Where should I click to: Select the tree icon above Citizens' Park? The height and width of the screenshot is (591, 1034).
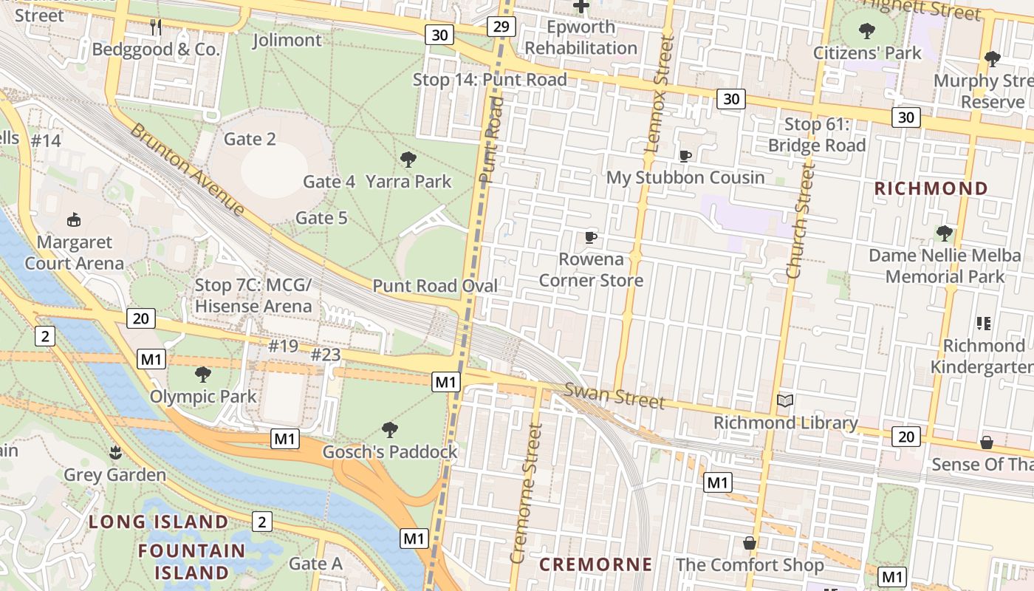tap(867, 31)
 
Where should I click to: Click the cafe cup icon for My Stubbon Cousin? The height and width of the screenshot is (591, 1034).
tap(685, 156)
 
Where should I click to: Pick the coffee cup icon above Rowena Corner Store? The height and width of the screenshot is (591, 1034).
tap(590, 237)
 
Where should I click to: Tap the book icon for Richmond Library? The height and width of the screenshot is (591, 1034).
tap(785, 401)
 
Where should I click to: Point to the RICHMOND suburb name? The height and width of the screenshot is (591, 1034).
tap(931, 188)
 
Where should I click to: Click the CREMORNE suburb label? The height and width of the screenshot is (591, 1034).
tap(596, 565)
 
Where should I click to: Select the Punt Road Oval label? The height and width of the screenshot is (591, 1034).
tap(434, 286)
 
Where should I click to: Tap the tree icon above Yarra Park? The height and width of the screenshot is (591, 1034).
tap(408, 159)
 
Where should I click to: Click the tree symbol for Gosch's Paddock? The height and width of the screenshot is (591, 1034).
tap(390, 429)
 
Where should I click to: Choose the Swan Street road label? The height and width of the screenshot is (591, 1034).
tap(614, 396)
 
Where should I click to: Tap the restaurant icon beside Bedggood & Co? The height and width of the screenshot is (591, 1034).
tap(156, 27)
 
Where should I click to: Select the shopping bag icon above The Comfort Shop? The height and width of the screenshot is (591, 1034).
tap(750, 543)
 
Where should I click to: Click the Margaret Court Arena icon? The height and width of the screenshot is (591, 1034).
tap(74, 219)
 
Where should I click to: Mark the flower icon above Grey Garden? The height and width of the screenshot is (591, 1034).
tap(114, 451)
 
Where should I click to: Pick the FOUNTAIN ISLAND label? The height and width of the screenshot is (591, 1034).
tap(192, 561)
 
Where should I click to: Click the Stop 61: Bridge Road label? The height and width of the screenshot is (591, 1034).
tap(816, 135)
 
